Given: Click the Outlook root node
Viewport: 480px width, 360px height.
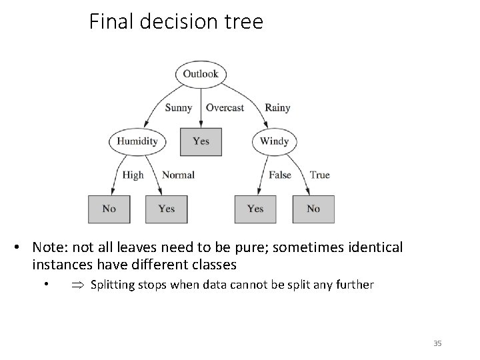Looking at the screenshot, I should (x=201, y=74).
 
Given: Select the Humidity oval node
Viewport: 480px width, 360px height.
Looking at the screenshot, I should (x=137, y=141).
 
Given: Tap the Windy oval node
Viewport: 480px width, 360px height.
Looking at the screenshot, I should (x=274, y=141).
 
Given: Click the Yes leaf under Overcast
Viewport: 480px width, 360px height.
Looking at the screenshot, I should (x=201, y=141).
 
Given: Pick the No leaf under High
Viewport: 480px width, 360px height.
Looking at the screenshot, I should (x=109, y=209).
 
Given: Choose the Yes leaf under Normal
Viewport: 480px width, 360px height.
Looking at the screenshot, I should (x=167, y=209).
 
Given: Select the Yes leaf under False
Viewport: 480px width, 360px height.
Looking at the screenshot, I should (x=255, y=209).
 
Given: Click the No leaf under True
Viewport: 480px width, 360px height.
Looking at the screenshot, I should (x=313, y=209).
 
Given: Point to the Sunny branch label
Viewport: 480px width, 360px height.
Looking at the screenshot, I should (x=178, y=107).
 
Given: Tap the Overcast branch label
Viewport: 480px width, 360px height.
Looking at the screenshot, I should (x=225, y=107).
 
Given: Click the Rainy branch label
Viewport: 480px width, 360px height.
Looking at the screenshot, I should (x=277, y=107).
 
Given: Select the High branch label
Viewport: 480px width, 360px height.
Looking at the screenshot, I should (x=133, y=175).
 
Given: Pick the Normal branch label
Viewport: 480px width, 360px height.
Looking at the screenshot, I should (x=178, y=175).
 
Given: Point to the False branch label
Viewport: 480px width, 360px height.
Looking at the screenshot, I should (x=280, y=175).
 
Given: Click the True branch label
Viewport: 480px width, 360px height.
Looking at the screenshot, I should (x=319, y=175).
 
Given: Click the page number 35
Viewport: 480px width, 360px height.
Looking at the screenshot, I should (x=437, y=343).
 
